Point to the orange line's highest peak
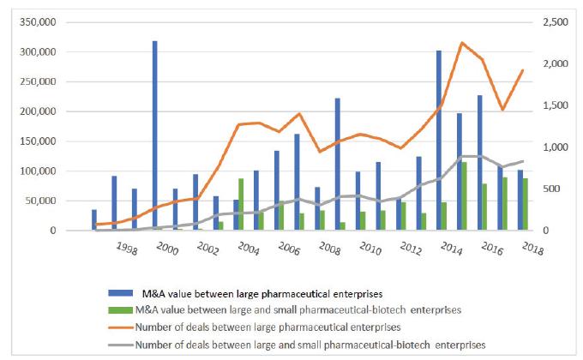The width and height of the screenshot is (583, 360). click(x=462, y=43)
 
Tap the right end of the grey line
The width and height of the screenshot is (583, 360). click(x=522, y=161)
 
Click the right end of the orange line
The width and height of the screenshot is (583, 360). click(x=522, y=70)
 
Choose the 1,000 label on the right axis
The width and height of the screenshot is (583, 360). click(x=557, y=147)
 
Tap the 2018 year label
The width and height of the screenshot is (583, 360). click(x=520, y=249)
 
